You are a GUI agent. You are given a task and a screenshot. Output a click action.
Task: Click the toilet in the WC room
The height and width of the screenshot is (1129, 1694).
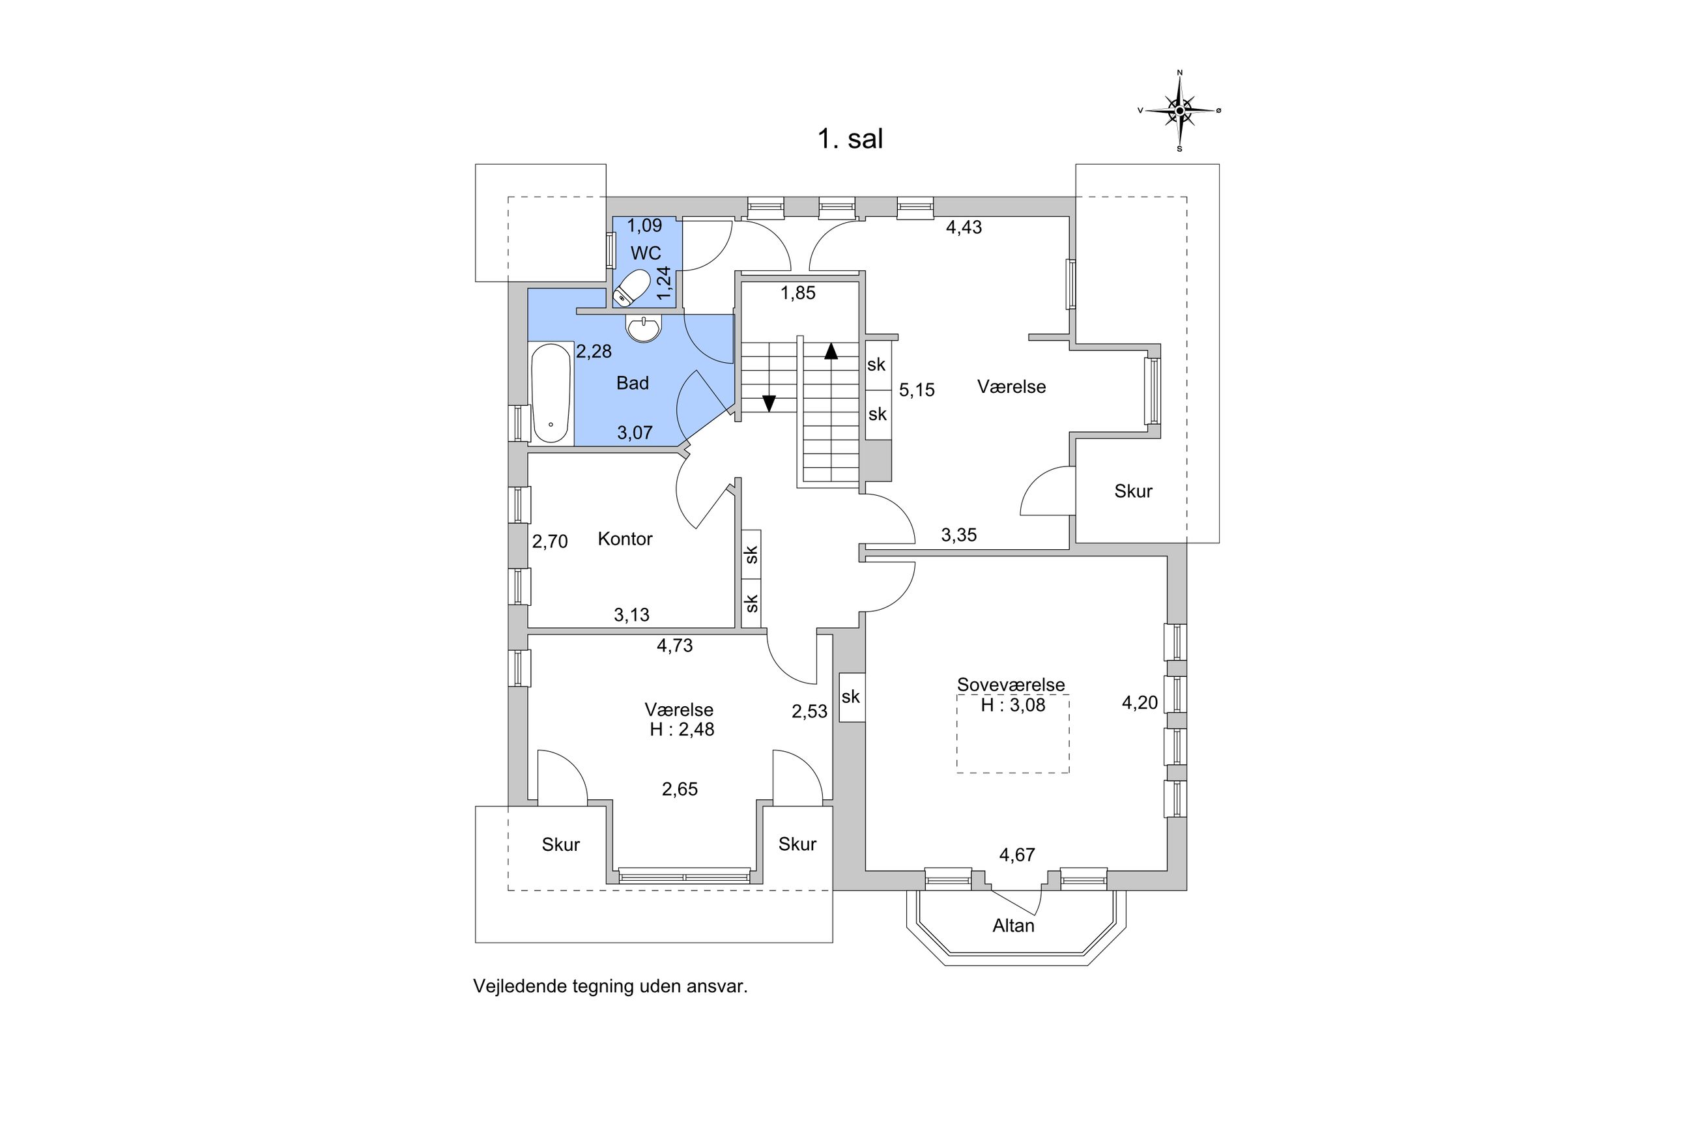(631, 288)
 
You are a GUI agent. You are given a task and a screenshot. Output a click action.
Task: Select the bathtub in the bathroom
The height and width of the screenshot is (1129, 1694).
(551, 393)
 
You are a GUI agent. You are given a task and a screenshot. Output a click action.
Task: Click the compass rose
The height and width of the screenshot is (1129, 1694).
(1179, 111)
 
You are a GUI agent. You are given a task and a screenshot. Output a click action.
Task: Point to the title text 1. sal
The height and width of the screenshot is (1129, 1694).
(850, 138)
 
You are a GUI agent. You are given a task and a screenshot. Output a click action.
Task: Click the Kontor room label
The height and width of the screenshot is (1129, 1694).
(625, 539)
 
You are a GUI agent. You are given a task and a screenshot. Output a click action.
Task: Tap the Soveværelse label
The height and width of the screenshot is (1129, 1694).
(1011, 685)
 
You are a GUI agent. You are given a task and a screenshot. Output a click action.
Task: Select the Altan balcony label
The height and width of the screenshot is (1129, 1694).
(1013, 925)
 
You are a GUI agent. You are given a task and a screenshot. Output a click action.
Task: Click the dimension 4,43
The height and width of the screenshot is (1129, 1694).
(964, 227)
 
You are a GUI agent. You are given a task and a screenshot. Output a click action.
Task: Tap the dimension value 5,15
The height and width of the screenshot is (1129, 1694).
(917, 390)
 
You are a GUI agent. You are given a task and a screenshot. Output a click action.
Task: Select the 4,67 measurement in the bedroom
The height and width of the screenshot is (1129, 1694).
(1016, 855)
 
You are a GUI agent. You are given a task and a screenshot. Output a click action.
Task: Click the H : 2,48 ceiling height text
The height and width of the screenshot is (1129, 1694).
(682, 730)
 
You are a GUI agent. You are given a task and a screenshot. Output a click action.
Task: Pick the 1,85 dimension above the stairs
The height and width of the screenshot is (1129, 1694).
(798, 293)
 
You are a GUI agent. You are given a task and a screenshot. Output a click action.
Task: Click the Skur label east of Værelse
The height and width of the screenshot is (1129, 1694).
(1133, 491)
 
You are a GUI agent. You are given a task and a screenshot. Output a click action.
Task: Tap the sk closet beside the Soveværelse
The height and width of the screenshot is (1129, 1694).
(851, 696)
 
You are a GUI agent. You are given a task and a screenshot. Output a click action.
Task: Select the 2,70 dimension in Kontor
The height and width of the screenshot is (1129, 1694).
(550, 541)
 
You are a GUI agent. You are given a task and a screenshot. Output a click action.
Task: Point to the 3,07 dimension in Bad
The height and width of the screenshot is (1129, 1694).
(635, 433)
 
